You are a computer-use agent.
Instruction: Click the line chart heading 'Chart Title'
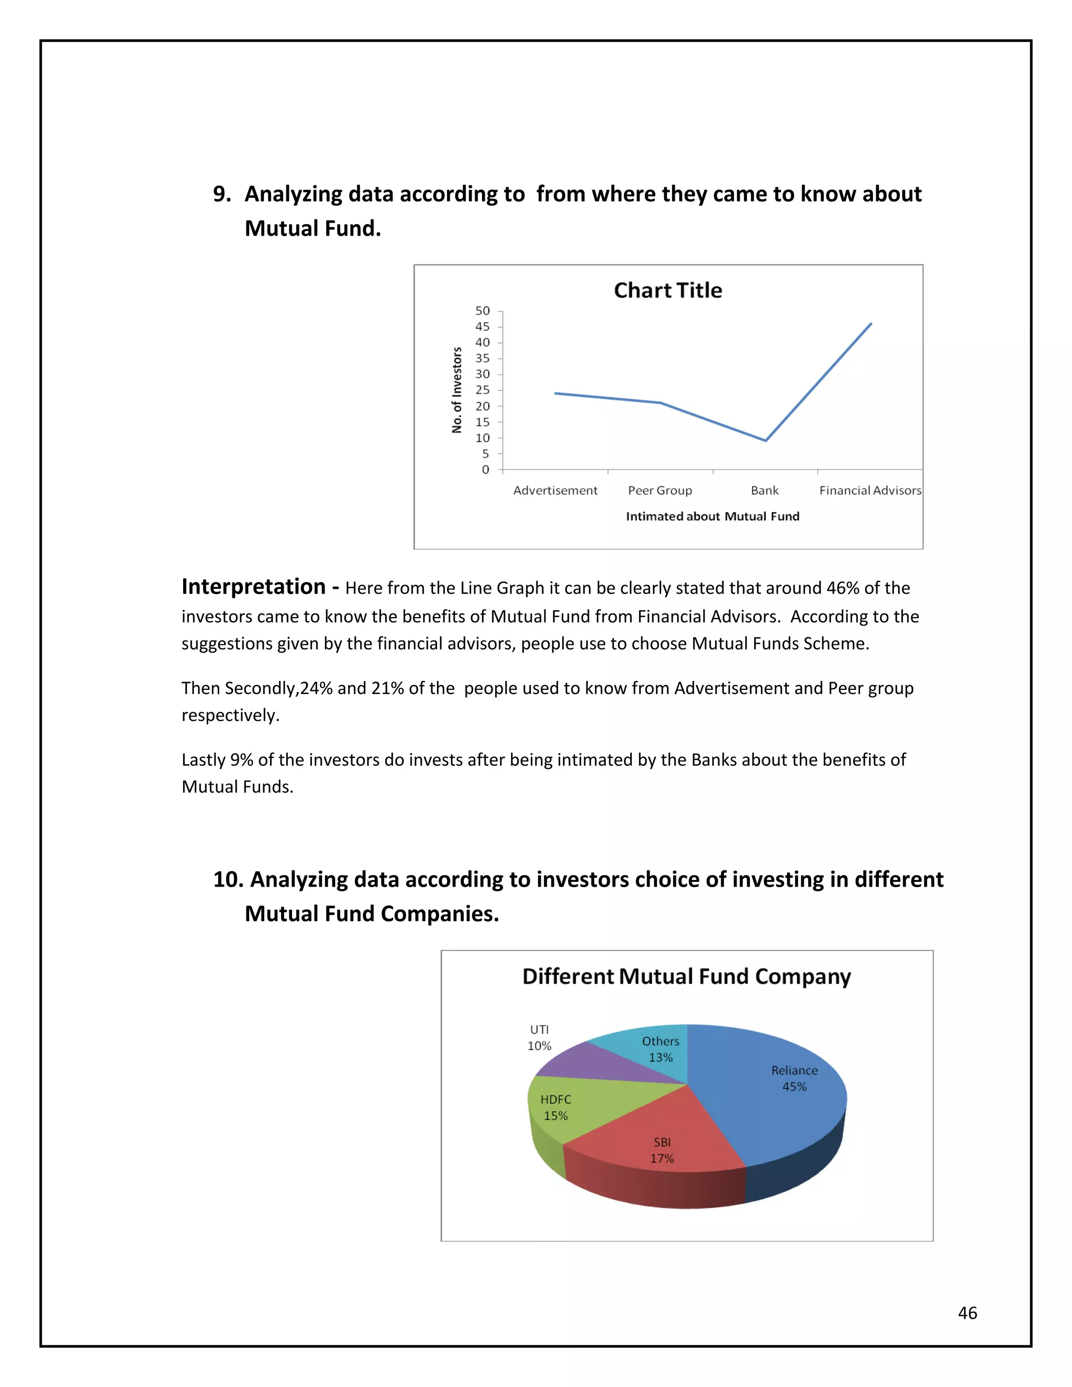[667, 290]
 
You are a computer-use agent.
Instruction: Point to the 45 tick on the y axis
[483, 327]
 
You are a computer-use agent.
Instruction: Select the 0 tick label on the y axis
[486, 470]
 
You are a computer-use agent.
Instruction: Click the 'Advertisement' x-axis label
[555, 490]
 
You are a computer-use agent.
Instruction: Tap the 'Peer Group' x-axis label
[660, 490]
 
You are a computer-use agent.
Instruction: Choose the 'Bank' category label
[765, 490]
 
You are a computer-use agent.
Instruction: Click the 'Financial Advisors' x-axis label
[869, 490]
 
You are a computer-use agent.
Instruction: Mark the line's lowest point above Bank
[766, 440]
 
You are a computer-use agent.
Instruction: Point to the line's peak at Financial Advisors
[870, 324]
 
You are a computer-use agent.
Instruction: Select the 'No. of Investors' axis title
[456, 390]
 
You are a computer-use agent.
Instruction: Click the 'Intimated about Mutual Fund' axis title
[712, 516]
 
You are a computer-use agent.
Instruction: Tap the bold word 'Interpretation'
[253, 586]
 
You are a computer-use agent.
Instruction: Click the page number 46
[967, 1313]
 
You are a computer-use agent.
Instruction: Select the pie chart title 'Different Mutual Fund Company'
[687, 976]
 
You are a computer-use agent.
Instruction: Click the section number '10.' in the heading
[229, 880]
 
